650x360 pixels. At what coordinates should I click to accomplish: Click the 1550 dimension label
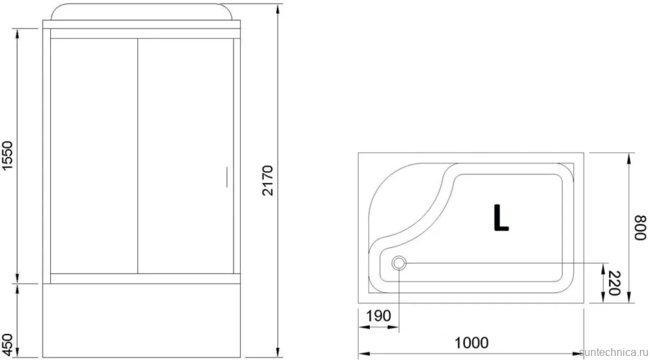pos(8,156)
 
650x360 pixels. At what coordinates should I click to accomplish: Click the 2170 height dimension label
pos(268,180)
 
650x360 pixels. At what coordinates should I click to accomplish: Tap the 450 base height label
pos(7,341)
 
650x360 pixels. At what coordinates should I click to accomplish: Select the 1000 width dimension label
pos(471,343)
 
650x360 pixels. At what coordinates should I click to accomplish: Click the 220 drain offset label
pos(614,284)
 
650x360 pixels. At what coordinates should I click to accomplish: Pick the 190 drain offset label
pos(379,316)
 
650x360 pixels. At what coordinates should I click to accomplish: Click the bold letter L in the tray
pos(501,217)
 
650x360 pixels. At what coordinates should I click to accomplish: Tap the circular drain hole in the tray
pos(399,263)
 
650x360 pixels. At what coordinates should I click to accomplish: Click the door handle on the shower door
pos(226,177)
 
